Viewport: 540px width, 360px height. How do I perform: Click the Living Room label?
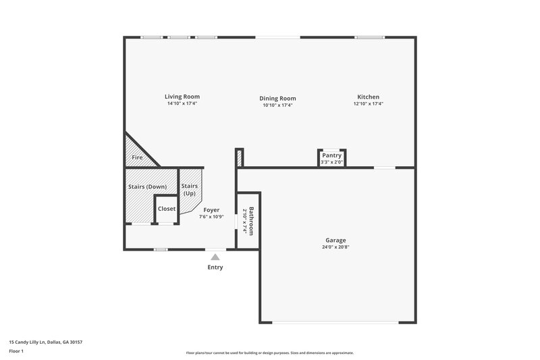[x=182, y=96]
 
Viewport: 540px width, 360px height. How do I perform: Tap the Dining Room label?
[x=277, y=98]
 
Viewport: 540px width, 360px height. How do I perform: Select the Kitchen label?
[x=368, y=97]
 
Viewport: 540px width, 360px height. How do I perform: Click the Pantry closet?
[x=331, y=156]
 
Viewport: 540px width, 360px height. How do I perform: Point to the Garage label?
[x=335, y=240]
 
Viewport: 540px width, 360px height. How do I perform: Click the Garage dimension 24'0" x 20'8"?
[x=335, y=247]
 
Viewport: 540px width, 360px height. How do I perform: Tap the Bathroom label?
[x=251, y=221]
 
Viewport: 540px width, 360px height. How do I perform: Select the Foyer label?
[x=211, y=210]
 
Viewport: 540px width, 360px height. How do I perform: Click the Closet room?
[x=167, y=209]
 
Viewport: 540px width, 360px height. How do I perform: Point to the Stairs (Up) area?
[x=190, y=190]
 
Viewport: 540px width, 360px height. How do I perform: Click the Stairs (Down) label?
[x=147, y=186]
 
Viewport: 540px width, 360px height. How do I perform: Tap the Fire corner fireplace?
[x=137, y=157]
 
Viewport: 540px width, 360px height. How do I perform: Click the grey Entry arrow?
[x=215, y=257]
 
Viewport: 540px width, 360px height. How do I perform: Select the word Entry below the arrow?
[x=215, y=267]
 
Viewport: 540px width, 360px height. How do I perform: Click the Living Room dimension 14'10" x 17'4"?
[x=182, y=103]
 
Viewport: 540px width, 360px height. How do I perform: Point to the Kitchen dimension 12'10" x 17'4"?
[x=368, y=104]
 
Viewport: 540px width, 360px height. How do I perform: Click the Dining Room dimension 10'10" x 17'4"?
[x=277, y=105]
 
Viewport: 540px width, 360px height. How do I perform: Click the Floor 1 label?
[x=16, y=351]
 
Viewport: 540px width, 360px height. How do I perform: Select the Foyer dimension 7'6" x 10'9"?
[x=211, y=217]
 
